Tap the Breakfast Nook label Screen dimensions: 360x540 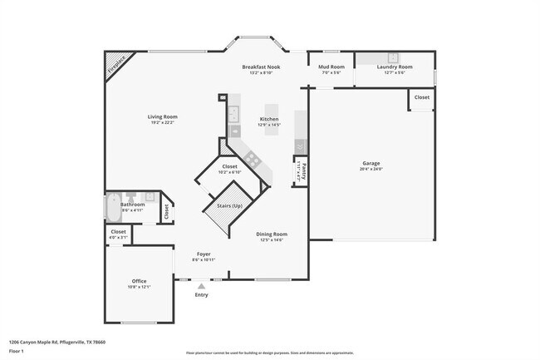[261, 67]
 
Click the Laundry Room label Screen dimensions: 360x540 [394, 67]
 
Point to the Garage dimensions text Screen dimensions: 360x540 [371, 170]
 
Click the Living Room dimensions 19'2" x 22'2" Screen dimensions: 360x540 [163, 123]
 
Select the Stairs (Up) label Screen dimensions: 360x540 [229, 205]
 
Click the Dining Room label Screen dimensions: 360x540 [271, 234]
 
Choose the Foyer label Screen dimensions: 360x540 [204, 254]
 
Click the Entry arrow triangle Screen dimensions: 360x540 [201, 285]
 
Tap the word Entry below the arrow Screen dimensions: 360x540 [201, 295]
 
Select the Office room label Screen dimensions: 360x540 [139, 281]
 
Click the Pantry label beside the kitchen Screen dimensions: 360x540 [304, 170]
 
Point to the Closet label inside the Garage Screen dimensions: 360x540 [422, 97]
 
